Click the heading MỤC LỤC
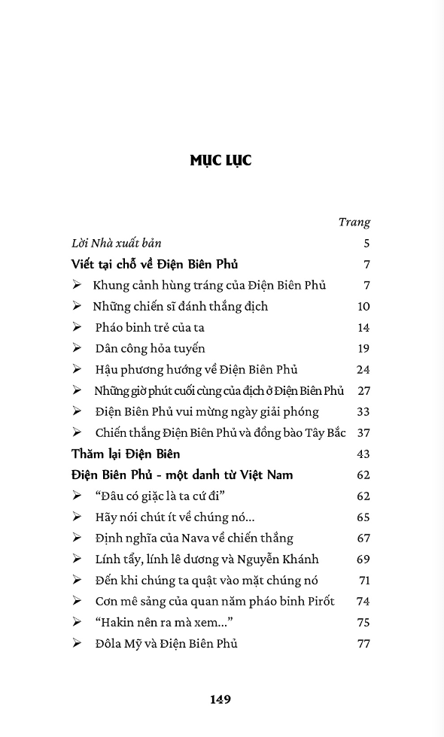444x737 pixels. [x=220, y=160]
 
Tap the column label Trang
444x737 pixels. [x=354, y=222]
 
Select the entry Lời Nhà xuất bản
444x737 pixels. [x=117, y=243]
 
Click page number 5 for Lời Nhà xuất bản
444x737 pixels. [x=366, y=243]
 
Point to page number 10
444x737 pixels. [x=363, y=306]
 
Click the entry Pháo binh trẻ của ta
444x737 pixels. [x=150, y=327]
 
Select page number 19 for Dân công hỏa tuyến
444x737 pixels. [x=363, y=348]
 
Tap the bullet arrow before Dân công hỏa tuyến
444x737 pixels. [x=77, y=348]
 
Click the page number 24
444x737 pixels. [x=363, y=369]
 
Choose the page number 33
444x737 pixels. [x=363, y=411]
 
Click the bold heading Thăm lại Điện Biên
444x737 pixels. [x=126, y=453]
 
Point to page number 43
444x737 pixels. [x=363, y=453]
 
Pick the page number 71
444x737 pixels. [x=364, y=580]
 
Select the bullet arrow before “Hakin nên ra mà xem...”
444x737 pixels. [x=77, y=622]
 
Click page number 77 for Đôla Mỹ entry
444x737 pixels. [x=363, y=643]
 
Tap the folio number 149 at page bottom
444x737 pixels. [x=220, y=699]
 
